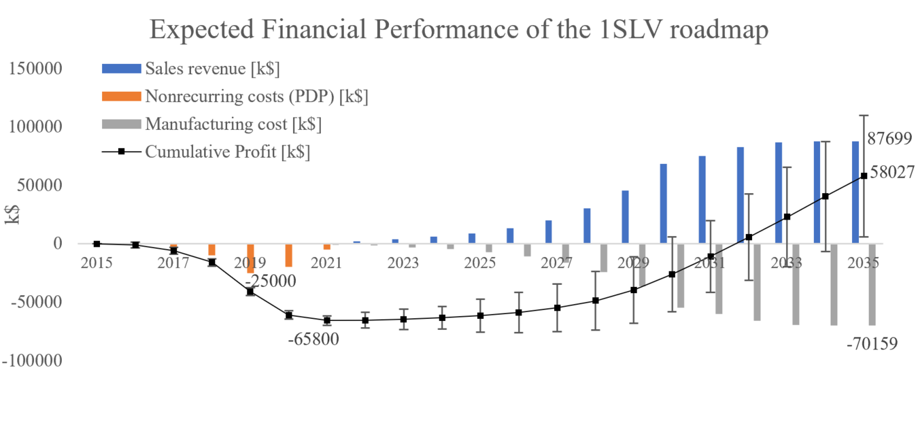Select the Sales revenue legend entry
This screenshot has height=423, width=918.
click(211, 69)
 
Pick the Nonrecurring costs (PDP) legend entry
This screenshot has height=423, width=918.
click(256, 97)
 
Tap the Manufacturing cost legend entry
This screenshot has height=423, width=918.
click(233, 124)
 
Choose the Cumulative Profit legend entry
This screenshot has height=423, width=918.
click(227, 152)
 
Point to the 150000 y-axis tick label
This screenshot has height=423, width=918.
click(35, 69)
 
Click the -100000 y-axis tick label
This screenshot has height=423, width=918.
click(32, 360)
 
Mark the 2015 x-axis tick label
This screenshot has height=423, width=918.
click(96, 263)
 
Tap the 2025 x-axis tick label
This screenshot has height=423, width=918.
click(480, 263)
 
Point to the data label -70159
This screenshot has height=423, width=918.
click(872, 344)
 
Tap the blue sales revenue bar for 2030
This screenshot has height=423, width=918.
click(663, 203)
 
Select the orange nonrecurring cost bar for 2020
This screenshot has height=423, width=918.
click(288, 255)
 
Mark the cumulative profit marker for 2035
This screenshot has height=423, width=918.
click(864, 175)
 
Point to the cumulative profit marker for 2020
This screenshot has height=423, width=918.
click(288, 315)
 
